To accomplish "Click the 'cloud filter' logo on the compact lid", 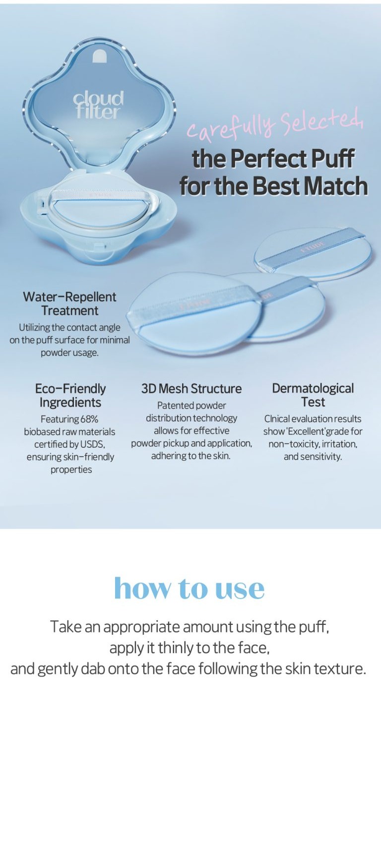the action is point(98,105).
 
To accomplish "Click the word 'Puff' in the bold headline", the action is point(333,159).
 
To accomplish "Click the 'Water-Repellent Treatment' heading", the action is point(70,303).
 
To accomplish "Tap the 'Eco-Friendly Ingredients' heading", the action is point(70,395).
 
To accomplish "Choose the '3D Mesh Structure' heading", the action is point(191,389).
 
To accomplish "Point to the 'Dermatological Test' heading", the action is point(313,395).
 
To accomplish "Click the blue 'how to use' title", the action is point(190,588).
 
